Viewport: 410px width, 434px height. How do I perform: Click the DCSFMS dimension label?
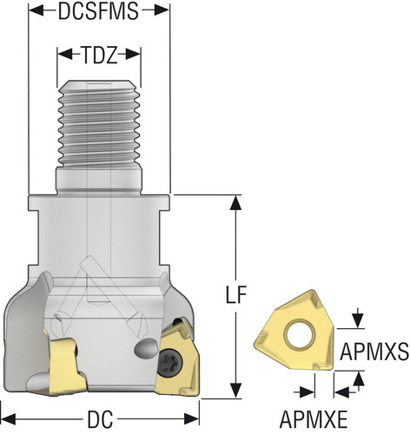(98, 11)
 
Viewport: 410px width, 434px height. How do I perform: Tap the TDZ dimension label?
(99, 55)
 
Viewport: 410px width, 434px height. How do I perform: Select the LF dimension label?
(236, 294)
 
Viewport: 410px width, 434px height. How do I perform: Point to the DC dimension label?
(100, 419)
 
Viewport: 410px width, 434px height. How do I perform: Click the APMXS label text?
(374, 352)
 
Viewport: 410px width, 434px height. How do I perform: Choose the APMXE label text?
(314, 419)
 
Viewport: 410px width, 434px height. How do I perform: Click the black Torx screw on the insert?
(170, 362)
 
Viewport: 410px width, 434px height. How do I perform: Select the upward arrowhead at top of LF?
(236, 203)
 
